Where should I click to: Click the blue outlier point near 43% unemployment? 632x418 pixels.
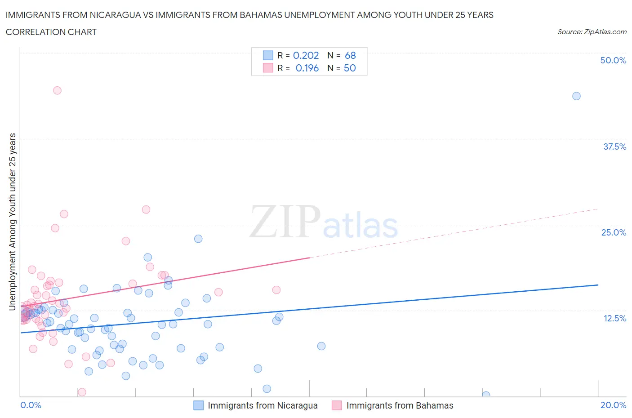[x=576, y=96]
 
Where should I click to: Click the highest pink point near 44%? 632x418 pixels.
[x=57, y=90]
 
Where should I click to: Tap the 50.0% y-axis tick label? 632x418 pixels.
[x=613, y=60]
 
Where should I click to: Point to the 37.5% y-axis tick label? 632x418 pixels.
[x=614, y=147]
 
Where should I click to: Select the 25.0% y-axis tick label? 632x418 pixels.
[x=614, y=232]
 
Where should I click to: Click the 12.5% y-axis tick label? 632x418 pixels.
[x=614, y=318]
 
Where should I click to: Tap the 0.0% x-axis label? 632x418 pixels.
[x=31, y=405]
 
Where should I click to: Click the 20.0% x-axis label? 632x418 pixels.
[x=613, y=405]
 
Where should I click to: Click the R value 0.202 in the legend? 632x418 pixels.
[x=306, y=55]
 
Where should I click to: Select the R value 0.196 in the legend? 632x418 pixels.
[x=307, y=68]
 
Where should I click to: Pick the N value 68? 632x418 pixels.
[x=350, y=55]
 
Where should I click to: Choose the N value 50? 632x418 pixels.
[x=350, y=68]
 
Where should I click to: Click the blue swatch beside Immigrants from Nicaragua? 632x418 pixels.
[x=198, y=405]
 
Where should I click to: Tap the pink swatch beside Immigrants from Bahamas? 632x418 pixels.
[x=337, y=405]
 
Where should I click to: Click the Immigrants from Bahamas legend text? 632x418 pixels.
[x=400, y=405]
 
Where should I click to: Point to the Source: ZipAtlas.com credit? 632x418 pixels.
[x=592, y=32]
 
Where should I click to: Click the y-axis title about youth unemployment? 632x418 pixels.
[x=12, y=222]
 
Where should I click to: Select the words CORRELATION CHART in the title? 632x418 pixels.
[x=51, y=32]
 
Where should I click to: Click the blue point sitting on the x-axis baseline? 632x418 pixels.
[x=486, y=395]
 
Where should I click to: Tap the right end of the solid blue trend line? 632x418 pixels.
[x=598, y=285]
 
